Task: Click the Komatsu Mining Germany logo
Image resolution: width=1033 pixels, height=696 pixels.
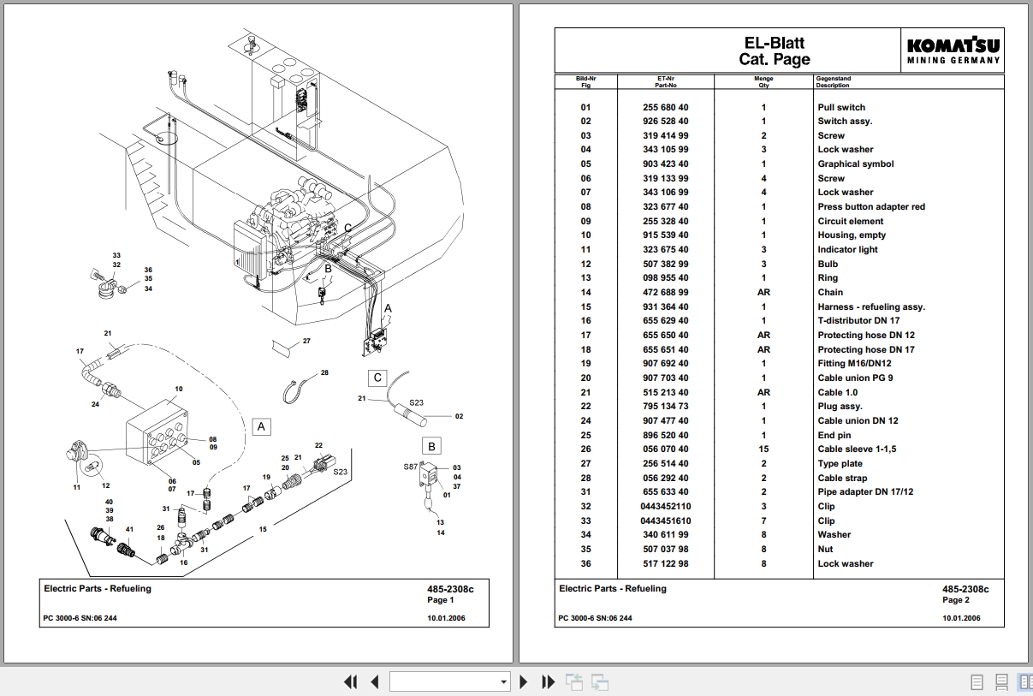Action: pos(953,51)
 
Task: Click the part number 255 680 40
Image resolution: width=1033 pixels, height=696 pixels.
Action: pos(665,107)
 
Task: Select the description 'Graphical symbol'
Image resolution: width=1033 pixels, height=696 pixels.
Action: pos(855,164)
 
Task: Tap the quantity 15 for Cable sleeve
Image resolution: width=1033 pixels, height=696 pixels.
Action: pos(763,449)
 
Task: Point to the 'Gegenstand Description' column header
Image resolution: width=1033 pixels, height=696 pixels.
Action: pos(834,82)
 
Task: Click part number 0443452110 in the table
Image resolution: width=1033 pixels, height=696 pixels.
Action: pos(665,506)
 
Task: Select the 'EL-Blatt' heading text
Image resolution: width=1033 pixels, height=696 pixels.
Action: pos(774,43)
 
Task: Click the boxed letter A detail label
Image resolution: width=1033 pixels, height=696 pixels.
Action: pos(262,426)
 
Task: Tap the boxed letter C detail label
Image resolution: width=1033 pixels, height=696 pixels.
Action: pos(377,378)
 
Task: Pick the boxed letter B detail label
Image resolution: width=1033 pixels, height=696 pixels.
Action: pos(431,446)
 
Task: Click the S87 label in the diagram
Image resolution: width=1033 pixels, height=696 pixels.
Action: pos(410,467)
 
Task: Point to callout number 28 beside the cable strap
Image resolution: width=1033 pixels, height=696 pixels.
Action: pos(324,373)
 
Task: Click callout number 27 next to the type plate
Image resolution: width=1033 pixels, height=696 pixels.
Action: pos(306,341)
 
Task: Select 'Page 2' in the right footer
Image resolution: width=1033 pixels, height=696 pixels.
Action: pos(956,600)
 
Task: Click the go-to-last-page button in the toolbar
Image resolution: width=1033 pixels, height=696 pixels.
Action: pos(549,681)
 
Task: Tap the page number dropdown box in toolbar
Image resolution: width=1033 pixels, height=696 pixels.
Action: pos(450,681)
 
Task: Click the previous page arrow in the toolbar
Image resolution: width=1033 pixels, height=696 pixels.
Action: pos(374,681)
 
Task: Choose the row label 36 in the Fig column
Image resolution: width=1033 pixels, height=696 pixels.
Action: pos(585,563)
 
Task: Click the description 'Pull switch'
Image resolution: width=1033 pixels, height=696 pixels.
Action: pos(840,107)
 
